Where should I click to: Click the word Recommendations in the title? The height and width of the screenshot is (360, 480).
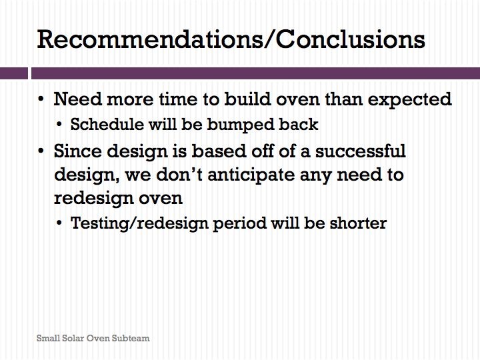150,39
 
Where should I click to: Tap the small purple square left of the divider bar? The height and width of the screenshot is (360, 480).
14,73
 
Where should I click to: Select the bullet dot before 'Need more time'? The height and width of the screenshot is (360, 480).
41,99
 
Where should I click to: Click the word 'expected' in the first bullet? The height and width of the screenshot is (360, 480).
409,100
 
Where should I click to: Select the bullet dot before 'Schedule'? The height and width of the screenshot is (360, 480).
59,125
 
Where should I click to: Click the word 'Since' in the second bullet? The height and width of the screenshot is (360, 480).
78,151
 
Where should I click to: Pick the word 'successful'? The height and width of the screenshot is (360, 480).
360,151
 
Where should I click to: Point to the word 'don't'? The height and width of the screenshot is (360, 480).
179,175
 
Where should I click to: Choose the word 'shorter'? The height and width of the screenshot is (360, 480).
358,223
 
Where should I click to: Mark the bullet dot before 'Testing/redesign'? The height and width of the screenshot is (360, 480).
59,223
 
